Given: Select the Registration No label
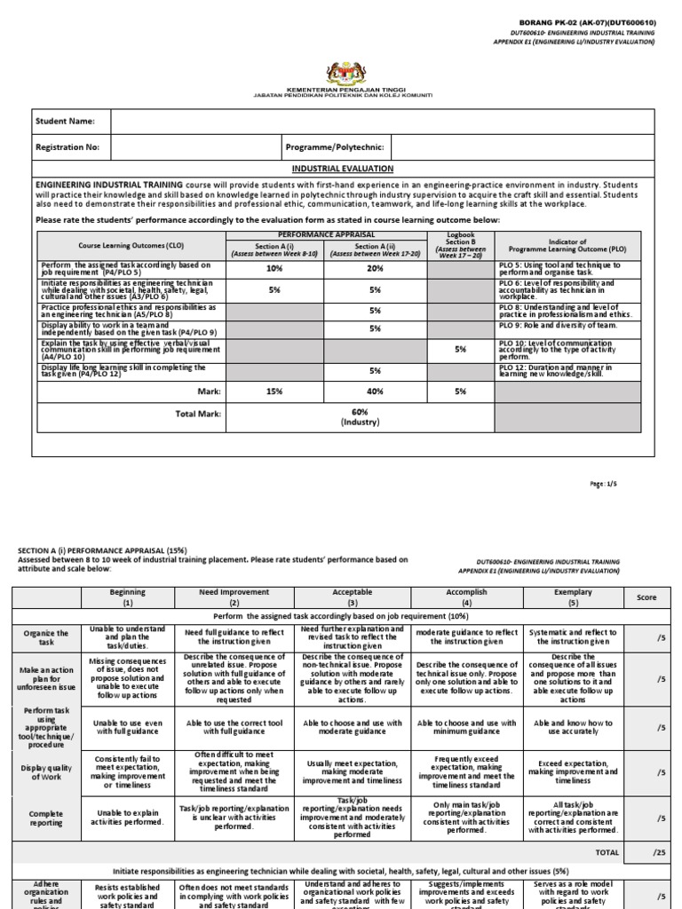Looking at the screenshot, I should click(67, 147).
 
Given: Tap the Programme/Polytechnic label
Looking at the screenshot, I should click(333, 147).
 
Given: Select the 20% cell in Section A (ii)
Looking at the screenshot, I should click(375, 268).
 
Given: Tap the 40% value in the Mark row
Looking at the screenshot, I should click(375, 391).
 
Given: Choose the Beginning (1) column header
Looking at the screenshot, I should click(127, 597).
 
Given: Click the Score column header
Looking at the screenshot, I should click(647, 597).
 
